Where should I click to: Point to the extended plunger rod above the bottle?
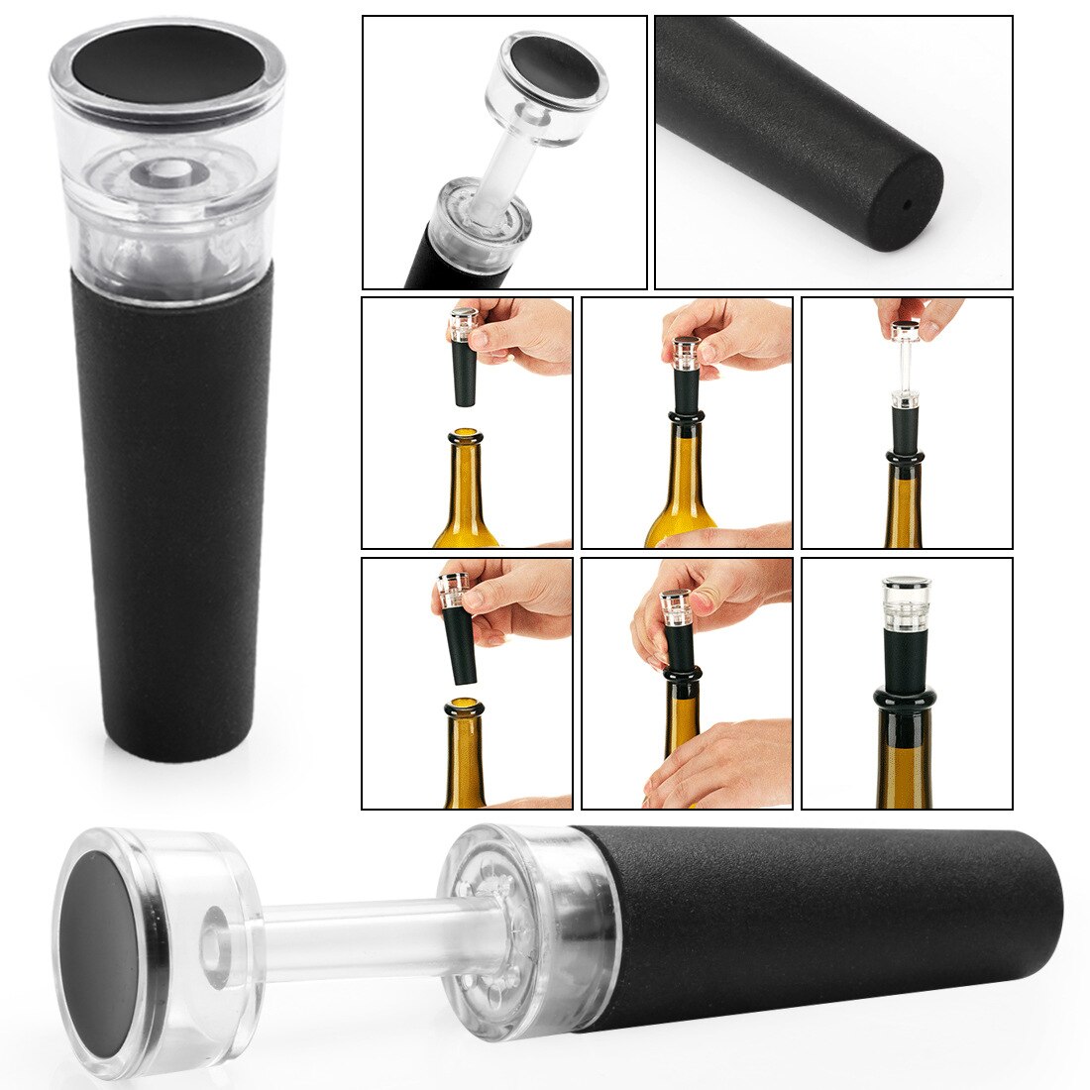pyautogui.click(x=905, y=366)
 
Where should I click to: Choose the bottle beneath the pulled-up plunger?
pyautogui.click(x=905, y=505)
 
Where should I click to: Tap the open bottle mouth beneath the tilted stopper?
pyautogui.click(x=463, y=707)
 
